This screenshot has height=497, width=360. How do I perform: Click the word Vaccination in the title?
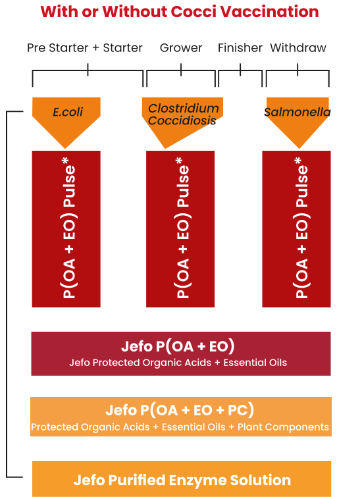pos(269,12)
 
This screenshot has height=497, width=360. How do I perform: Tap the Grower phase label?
pos(181,48)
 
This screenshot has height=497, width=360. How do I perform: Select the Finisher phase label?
pos(240,48)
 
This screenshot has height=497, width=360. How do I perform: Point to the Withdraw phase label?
pos(298,48)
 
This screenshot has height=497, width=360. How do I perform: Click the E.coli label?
pos(68,112)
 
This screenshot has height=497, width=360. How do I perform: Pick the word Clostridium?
pos(184,109)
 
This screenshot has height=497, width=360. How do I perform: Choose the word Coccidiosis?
pos(182,120)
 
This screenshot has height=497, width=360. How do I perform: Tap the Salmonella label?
pos(297,112)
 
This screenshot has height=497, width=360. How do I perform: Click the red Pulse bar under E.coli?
pos(66,229)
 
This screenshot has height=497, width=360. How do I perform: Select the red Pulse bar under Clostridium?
pos(180,229)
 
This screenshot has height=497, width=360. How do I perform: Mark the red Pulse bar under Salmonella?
pos(296,229)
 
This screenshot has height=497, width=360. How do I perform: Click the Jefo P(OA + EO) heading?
pos(178,346)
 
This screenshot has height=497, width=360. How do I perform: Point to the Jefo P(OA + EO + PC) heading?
pos(180,410)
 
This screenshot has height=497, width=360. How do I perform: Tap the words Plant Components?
pos(283,427)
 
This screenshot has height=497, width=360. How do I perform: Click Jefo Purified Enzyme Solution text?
pos(182,480)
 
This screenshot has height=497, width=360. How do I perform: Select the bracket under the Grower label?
pos(181,70)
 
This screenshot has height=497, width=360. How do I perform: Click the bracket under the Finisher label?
pos(240,70)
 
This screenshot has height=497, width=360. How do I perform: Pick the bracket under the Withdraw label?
pos(297,70)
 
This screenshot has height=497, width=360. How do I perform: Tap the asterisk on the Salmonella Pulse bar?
pos(297,161)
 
